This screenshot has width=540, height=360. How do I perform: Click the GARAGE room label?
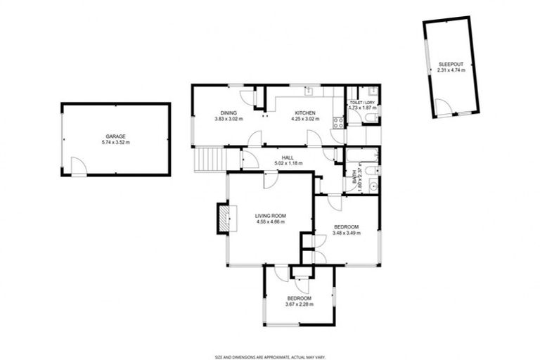click(115, 136)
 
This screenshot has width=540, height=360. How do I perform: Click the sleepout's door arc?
click(442, 107)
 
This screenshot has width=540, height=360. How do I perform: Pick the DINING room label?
click(228, 113)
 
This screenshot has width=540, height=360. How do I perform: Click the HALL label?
click(288, 157)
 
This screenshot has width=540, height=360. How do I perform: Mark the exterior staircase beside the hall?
click(207, 159)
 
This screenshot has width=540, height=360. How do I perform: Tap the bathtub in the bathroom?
click(361, 155)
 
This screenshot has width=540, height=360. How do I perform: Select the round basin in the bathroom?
click(373, 185)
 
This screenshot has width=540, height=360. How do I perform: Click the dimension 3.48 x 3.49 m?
click(346, 232)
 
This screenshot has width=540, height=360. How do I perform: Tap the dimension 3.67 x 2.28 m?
click(299, 304)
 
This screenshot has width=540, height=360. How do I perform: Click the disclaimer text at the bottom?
click(270, 356)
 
